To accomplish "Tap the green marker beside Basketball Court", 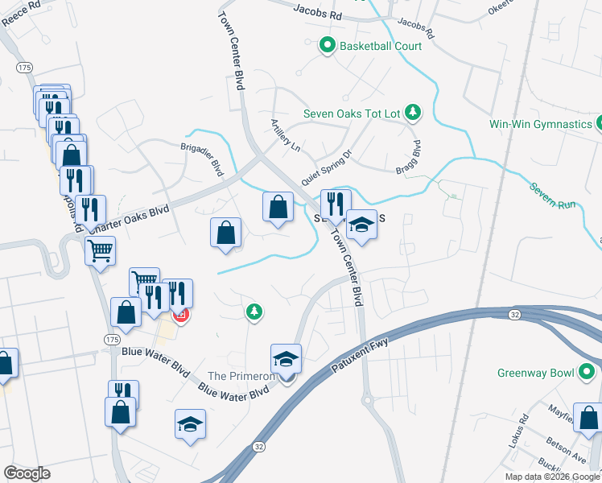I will pyautogui.click(x=327, y=46).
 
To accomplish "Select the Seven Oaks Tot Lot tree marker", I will pyautogui.click(x=413, y=112).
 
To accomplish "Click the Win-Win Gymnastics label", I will pyautogui.click(x=541, y=124).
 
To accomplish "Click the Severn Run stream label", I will pyautogui.click(x=553, y=197).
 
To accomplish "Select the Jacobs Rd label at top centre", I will pyautogui.click(x=318, y=14).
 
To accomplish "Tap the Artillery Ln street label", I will pyautogui.click(x=285, y=137).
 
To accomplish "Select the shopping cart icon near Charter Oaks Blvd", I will pyautogui.click(x=101, y=251).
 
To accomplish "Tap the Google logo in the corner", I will pyautogui.click(x=27, y=473).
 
